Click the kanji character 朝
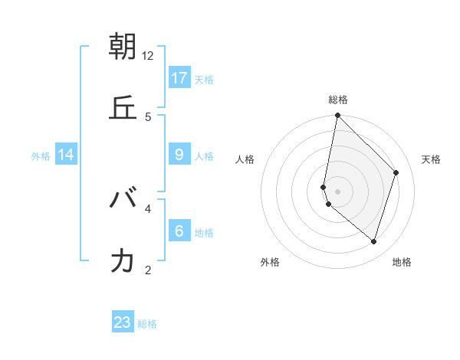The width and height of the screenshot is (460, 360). click(x=123, y=47)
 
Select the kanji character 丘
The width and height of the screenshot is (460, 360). click(x=123, y=108)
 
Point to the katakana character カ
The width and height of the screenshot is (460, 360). click(x=123, y=261)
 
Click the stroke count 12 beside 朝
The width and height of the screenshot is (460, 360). click(x=148, y=56)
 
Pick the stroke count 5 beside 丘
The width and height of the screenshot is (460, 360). click(x=148, y=117)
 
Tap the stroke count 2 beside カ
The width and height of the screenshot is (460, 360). click(x=148, y=270)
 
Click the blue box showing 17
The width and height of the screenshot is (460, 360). click(x=179, y=78)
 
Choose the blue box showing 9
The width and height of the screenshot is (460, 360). click(x=179, y=155)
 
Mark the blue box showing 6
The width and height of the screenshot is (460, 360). click(x=179, y=231)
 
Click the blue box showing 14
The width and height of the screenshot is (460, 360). click(x=66, y=155)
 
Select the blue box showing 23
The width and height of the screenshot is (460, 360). click(x=123, y=322)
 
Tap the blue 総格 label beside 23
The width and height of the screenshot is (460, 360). click(x=147, y=324)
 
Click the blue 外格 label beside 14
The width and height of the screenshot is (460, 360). click(x=41, y=156)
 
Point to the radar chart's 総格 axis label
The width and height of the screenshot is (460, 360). click(x=337, y=100)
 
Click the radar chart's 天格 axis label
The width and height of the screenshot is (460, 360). click(x=431, y=159)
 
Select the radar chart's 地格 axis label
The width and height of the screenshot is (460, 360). click(x=402, y=263)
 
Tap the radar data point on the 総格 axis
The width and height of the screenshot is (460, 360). click(x=337, y=116)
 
